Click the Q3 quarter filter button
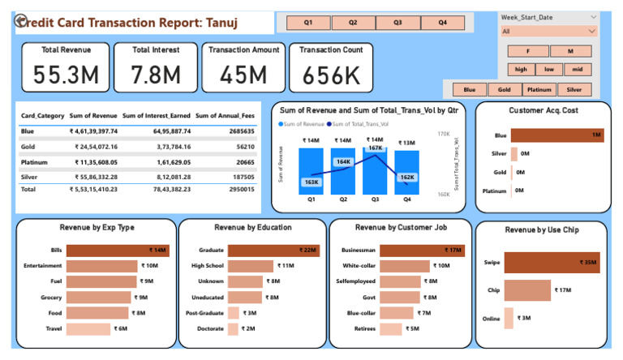pos(397,23)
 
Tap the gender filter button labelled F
pos(528,51)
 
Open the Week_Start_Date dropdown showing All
pos(548,32)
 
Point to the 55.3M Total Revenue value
pos(67,75)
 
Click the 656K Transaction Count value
pos(331,75)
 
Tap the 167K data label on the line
pos(375,148)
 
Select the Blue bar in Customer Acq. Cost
pos(557,135)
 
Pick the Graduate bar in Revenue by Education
pos(273,251)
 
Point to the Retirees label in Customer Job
pos(360,328)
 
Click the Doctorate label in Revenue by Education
pos(209,328)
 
